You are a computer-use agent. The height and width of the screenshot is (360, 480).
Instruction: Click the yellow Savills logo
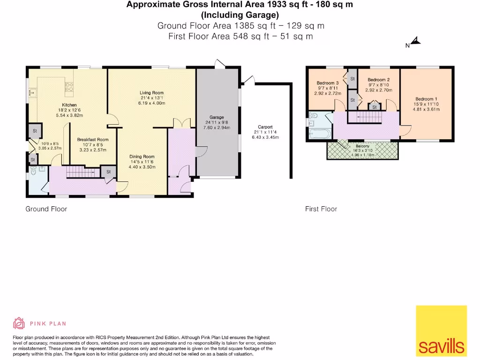point(441,331)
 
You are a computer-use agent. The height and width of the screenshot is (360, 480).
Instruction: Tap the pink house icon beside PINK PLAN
point(19,323)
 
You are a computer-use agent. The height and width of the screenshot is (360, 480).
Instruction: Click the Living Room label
point(151,93)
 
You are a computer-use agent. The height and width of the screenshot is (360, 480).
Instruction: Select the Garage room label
point(217,117)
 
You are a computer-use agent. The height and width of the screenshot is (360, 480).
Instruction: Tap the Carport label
point(265,127)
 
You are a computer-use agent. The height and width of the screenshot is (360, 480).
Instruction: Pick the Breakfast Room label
point(92,140)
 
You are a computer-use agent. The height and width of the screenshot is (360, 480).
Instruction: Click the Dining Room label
point(142,157)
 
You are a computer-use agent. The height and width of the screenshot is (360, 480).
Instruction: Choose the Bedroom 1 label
point(426,98)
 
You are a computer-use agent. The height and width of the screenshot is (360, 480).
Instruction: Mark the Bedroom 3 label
point(328,83)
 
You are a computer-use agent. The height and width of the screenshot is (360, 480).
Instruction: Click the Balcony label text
point(362,146)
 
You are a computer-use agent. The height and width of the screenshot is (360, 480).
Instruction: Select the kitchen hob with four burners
point(69,86)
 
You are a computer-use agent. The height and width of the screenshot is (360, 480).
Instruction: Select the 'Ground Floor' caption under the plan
point(46,209)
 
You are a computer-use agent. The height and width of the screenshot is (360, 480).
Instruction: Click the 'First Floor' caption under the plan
point(321,209)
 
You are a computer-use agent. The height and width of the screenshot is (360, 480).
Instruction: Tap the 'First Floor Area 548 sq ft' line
point(240,36)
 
